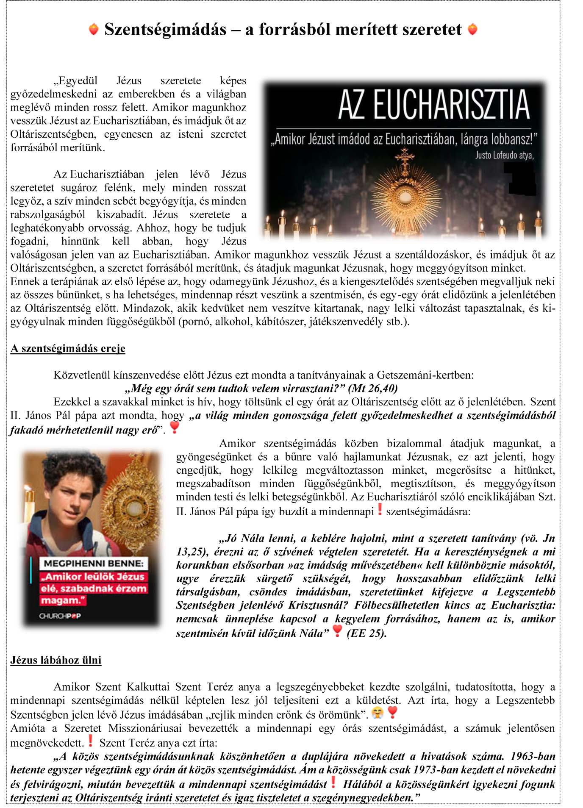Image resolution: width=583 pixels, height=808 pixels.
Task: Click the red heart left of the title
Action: pos(94,29)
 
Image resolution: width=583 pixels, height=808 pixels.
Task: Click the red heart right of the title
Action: pos(472,29)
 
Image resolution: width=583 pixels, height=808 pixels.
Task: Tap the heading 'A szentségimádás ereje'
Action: pos(68,348)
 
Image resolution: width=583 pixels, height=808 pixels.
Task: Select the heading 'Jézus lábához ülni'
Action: pos(56,660)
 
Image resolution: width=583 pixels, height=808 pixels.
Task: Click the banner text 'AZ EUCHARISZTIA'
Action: pos(433,104)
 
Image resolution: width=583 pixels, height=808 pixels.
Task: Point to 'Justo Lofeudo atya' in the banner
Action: pos(504,155)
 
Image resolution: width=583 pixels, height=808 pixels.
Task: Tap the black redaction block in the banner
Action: pos(520,178)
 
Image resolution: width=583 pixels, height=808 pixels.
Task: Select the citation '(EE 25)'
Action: pos(366,633)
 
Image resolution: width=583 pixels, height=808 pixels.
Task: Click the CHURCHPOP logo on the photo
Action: pos(60,616)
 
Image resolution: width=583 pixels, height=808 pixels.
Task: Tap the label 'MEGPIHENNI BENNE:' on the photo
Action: pos(94,564)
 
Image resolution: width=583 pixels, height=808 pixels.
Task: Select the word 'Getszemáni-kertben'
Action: pos(425,375)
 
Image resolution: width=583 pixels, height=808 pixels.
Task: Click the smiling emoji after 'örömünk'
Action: pos(377,713)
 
